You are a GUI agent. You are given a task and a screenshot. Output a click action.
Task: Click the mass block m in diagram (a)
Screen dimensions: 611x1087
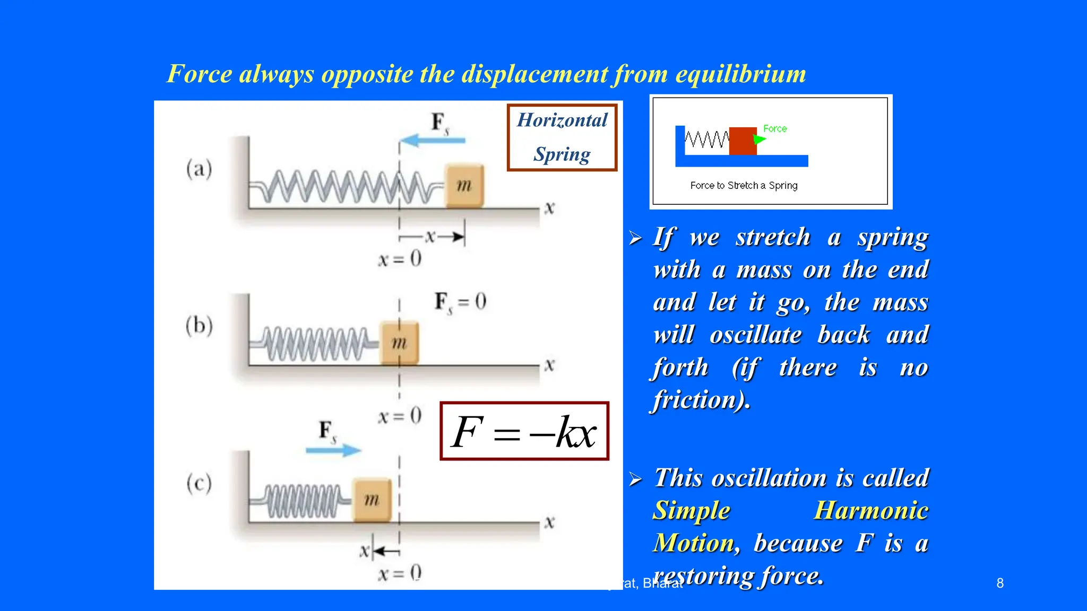(x=464, y=186)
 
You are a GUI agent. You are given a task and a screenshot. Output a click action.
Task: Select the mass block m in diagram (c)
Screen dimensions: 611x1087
(x=372, y=500)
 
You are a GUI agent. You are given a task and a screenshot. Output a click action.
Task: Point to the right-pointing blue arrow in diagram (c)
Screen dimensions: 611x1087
(x=333, y=451)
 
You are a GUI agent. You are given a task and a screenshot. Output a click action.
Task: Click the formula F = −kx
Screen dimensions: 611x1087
(x=524, y=432)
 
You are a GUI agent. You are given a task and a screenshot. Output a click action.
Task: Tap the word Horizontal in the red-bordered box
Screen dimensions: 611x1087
(x=562, y=120)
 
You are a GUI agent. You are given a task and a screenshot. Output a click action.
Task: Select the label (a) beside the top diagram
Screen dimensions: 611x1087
(x=199, y=169)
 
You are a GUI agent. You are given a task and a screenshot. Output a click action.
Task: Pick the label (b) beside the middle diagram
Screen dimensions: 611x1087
(x=199, y=325)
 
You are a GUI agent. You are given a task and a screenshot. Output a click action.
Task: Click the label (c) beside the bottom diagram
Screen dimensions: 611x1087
(x=199, y=483)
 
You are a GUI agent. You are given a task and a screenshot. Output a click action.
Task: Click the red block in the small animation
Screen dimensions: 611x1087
(x=743, y=141)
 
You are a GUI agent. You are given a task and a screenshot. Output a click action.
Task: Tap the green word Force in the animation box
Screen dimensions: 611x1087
(x=775, y=128)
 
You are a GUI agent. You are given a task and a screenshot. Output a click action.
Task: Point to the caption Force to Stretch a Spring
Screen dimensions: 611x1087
(x=744, y=186)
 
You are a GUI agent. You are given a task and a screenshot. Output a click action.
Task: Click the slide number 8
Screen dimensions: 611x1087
(x=1000, y=583)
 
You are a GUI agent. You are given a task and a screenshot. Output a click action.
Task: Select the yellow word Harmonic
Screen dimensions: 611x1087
(x=871, y=511)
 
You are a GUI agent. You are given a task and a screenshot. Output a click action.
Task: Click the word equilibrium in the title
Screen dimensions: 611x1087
(x=740, y=74)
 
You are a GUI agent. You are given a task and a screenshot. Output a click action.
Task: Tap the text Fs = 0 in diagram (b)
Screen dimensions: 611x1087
(x=460, y=302)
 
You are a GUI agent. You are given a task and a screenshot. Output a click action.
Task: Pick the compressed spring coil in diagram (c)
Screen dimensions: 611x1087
(x=303, y=501)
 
